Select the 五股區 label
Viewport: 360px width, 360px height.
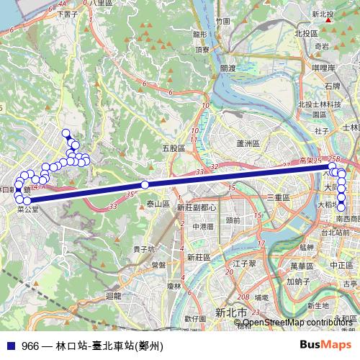(x=174, y=148)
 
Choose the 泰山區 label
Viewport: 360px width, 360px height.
(x=158, y=204)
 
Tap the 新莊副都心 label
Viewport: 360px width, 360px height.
(x=197, y=207)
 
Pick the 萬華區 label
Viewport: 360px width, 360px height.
(x=301, y=266)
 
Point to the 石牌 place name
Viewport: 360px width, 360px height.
(x=332, y=86)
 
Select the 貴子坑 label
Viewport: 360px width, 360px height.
(x=144, y=248)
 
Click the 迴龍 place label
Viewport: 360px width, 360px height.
(x=113, y=295)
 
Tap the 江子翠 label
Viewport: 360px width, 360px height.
(x=245, y=264)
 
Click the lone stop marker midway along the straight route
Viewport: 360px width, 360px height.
(x=145, y=185)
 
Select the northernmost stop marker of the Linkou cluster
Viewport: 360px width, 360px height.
(x=66, y=132)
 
